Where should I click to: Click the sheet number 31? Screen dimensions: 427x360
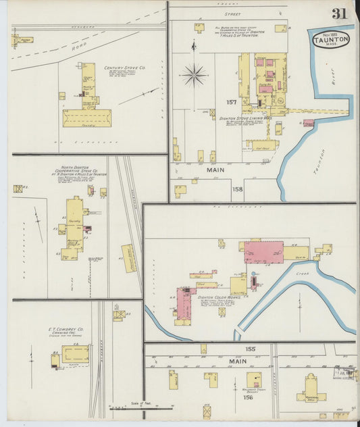point(339,14)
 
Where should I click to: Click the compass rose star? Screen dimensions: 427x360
point(195,74)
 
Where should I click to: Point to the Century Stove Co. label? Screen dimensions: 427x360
point(124,68)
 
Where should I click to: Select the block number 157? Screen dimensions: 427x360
point(232,102)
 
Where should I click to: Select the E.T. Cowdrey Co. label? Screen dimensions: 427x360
point(66,330)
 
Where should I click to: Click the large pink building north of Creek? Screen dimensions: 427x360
point(263,252)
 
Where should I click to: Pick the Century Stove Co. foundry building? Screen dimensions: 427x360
point(86,118)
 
